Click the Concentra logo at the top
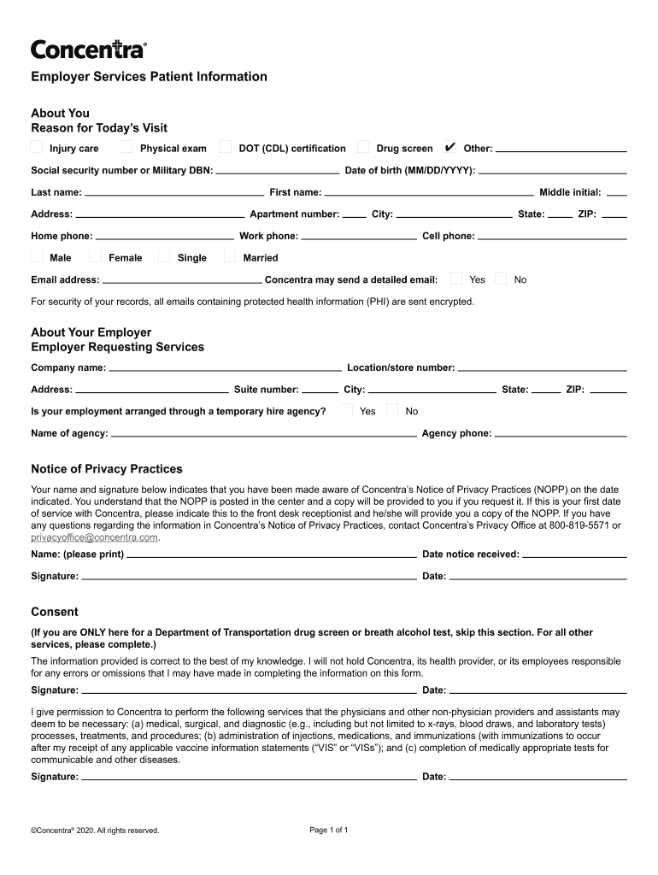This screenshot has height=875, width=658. click(89, 50)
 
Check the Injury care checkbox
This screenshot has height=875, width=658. click(37, 147)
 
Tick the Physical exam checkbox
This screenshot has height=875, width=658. click(127, 147)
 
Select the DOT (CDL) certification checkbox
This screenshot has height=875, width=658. click(226, 147)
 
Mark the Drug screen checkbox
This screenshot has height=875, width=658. click(363, 147)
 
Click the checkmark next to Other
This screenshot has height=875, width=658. click(450, 147)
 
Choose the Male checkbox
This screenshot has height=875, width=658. click(37, 256)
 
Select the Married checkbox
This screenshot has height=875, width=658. click(230, 256)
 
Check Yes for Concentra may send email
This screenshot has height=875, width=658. click(456, 279)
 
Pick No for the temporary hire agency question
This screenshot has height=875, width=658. click(392, 410)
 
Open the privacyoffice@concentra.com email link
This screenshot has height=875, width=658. click(95, 537)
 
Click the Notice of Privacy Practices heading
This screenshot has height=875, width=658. click(107, 469)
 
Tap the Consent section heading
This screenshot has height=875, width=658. click(55, 612)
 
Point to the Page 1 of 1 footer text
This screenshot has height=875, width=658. click(328, 830)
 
